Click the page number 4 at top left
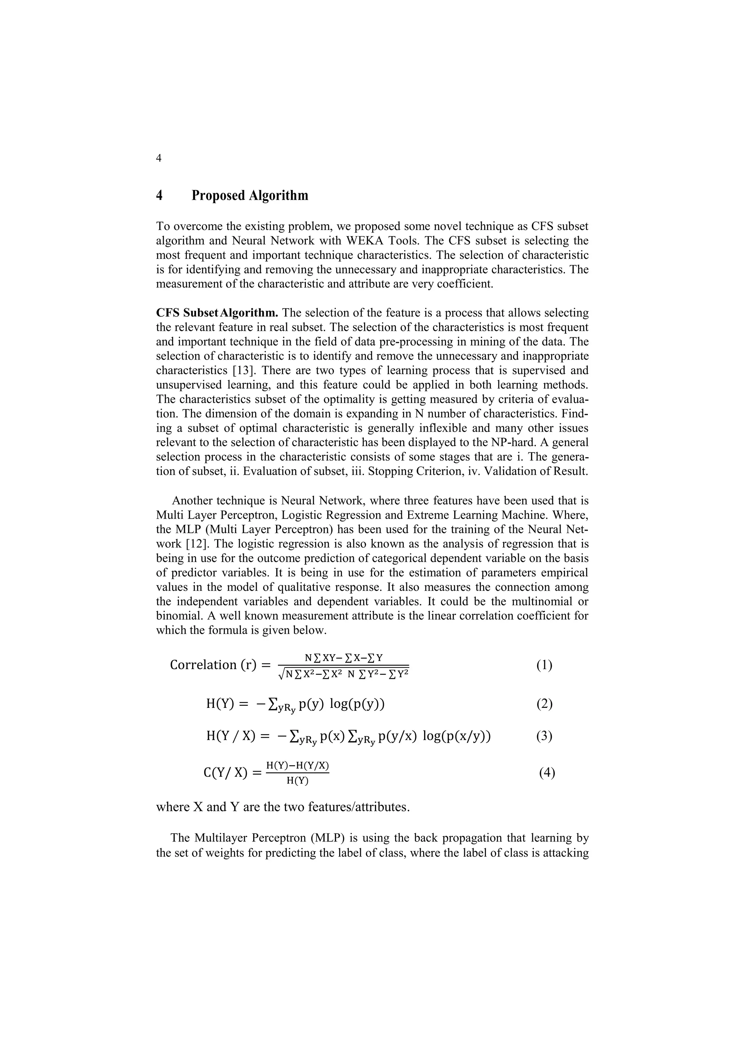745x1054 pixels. point(159,158)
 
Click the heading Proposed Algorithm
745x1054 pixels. point(250,195)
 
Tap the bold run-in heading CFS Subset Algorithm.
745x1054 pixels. point(217,313)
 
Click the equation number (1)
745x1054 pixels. point(544,665)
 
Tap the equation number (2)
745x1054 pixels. point(544,704)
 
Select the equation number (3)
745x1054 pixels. point(544,736)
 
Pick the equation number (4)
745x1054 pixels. point(547,773)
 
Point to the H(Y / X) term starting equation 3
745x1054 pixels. point(230,736)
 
